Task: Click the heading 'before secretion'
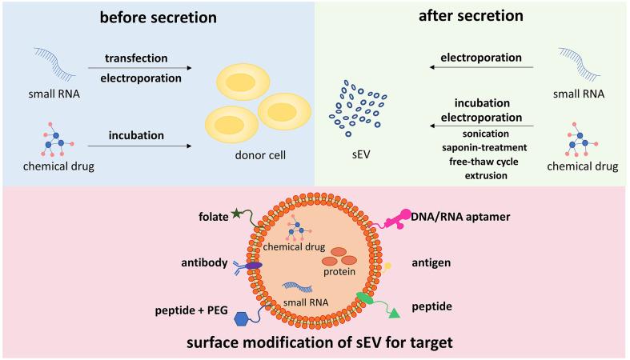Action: point(157,18)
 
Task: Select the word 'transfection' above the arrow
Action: point(136,58)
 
